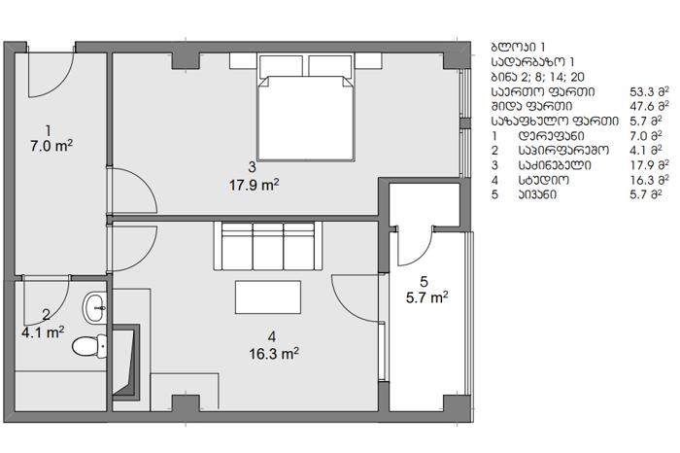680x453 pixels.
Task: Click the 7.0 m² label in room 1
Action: [x=51, y=146]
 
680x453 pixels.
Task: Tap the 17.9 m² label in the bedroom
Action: [x=255, y=185]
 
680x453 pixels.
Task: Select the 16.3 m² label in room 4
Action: [x=274, y=354]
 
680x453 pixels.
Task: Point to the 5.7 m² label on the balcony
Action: [x=427, y=297]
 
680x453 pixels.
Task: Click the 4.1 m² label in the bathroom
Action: [x=43, y=332]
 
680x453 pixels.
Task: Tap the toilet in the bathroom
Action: [x=89, y=346]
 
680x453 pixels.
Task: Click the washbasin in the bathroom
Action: [x=94, y=308]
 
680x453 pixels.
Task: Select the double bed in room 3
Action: [x=306, y=107]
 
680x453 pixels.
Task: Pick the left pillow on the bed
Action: [x=281, y=66]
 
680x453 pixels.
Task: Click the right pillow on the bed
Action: [x=330, y=66]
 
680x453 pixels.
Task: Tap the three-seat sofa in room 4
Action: [x=267, y=246]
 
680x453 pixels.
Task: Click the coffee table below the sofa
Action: [x=268, y=296]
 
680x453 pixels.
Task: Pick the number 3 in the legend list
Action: [x=494, y=165]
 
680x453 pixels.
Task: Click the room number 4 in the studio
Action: [x=272, y=336]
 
